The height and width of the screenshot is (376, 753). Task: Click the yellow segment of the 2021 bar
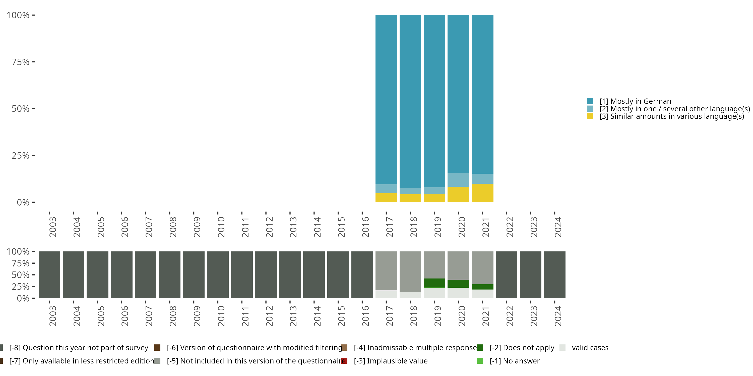(482, 193)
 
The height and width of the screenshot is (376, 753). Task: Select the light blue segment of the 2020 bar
(458, 180)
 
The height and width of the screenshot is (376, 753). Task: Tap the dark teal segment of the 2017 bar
(386, 99)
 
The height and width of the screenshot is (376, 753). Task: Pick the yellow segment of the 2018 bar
(410, 198)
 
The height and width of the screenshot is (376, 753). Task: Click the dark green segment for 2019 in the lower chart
(434, 283)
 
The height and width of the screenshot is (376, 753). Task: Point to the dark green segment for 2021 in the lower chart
(482, 287)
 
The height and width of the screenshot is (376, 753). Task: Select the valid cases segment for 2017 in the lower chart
(386, 294)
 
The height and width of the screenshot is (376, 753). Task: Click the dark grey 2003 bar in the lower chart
(49, 275)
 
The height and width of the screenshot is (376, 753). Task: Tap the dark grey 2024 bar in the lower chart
(554, 275)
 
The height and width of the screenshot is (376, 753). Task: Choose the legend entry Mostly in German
(635, 101)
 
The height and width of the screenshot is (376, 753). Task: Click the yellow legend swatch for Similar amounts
(590, 117)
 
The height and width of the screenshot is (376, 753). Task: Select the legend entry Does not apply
(522, 348)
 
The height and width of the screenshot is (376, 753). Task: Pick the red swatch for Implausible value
(344, 361)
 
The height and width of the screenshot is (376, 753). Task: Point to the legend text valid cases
(590, 348)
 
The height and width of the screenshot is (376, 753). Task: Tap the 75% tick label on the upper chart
(21, 62)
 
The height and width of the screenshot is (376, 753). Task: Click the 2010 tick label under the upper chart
(221, 227)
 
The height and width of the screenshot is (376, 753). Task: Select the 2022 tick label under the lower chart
(510, 316)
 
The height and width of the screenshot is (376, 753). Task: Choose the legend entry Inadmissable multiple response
(415, 348)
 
